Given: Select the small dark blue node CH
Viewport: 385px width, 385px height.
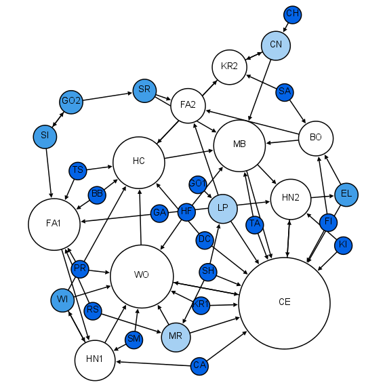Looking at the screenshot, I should point(293,14).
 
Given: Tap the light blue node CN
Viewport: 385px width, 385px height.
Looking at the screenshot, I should point(276,45).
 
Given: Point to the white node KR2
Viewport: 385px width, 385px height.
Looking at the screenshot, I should point(230,66).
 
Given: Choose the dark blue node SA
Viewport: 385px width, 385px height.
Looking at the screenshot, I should point(285,92).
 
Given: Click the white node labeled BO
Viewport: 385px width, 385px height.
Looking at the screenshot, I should point(316,138).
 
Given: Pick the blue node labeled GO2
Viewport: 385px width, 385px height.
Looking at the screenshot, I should point(71,102).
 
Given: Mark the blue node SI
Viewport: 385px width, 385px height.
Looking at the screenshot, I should point(45,136).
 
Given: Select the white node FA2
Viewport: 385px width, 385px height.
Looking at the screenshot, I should point(188,105).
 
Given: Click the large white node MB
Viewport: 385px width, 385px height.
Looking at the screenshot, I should point(239,144).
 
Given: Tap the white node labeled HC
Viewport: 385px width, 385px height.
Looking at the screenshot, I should point(139,161).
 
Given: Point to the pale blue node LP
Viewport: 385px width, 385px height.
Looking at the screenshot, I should point(222,208).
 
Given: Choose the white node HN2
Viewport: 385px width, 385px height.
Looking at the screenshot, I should point(290,198).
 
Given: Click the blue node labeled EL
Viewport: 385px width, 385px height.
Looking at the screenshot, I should point(346,194).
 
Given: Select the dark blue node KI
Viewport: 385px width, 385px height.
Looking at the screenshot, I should point(343,245).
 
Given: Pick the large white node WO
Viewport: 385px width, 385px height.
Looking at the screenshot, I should point(141,275).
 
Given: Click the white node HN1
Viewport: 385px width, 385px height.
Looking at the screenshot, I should point(95,359).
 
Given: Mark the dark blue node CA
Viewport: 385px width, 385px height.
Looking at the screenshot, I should point(199,365).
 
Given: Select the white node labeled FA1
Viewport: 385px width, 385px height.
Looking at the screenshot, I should point(54,224).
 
